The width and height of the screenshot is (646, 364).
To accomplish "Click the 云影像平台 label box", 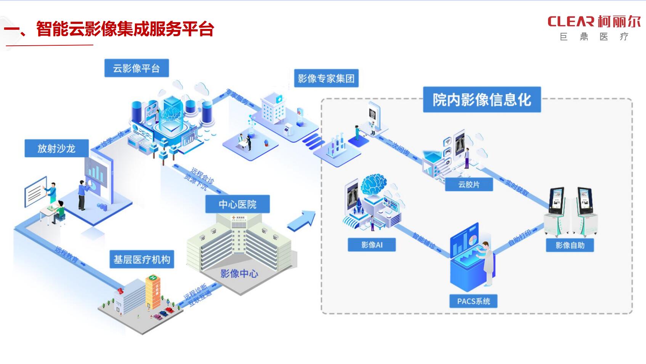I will click(136, 68).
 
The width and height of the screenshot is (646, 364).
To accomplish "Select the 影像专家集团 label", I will click(326, 78).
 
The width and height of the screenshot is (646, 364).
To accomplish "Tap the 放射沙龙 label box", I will click(56, 148).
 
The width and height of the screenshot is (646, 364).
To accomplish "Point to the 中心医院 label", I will click(237, 204).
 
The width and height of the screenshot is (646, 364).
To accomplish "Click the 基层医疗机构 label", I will click(142, 260).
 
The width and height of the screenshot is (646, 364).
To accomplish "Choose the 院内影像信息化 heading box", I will click(482, 100).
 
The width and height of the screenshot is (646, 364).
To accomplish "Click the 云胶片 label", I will click(469, 185).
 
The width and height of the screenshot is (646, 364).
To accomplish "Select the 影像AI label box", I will click(372, 245).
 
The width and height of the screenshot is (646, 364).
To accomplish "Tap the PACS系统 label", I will click(473, 301).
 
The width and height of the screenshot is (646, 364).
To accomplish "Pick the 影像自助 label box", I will click(570, 245).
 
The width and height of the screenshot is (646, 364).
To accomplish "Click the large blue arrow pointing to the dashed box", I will click(302, 221).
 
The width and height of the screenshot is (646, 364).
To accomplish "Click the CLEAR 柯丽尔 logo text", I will click(594, 22).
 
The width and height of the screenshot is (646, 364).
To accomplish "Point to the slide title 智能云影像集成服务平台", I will click(125, 29).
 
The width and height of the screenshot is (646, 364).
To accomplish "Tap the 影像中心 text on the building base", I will click(239, 273).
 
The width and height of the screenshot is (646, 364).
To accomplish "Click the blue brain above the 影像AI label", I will click(373, 185).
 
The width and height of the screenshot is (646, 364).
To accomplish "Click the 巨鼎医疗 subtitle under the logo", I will click(594, 37).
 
